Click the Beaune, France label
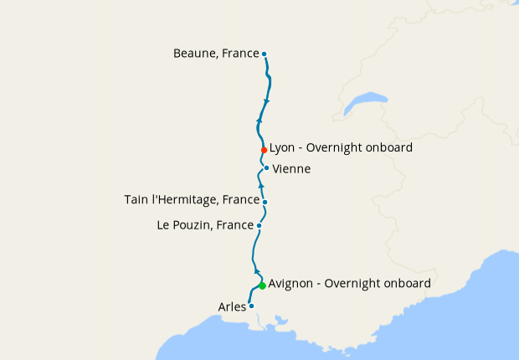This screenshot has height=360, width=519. [x=216, y=54]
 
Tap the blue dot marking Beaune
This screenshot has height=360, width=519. [x=265, y=54]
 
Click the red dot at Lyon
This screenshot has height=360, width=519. [x=264, y=150]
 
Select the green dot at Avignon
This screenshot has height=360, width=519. [x=262, y=285]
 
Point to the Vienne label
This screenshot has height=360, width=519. [x=291, y=169]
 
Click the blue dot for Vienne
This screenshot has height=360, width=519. [x=266, y=167]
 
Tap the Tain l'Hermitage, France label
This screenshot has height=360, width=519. [x=191, y=199]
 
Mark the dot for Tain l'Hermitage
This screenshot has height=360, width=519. [x=265, y=202]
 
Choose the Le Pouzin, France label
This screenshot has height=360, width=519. [x=204, y=225]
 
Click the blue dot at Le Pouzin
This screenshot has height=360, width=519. [x=259, y=225]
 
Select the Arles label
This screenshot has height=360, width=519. [x=232, y=307]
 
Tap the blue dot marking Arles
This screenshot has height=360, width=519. [x=251, y=306]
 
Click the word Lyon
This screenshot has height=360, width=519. [x=282, y=148]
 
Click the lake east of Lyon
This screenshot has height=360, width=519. [x=363, y=104]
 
